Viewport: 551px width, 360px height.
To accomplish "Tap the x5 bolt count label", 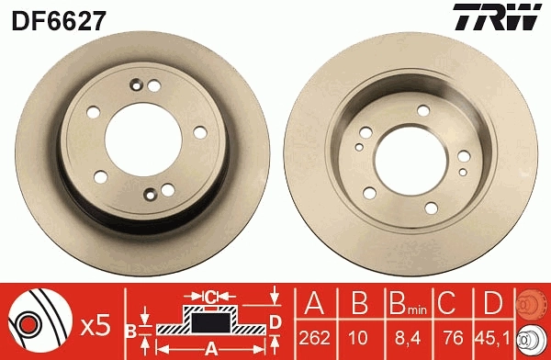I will click(96, 323).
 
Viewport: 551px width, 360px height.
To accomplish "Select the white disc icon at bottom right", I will click(534, 340).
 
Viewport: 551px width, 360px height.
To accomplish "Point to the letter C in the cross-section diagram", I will click(211, 296).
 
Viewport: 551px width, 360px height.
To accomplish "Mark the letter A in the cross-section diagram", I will click(210, 348).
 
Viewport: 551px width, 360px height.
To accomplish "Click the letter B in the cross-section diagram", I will click(130, 329).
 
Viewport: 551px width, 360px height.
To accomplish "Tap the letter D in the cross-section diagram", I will click(275, 321).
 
